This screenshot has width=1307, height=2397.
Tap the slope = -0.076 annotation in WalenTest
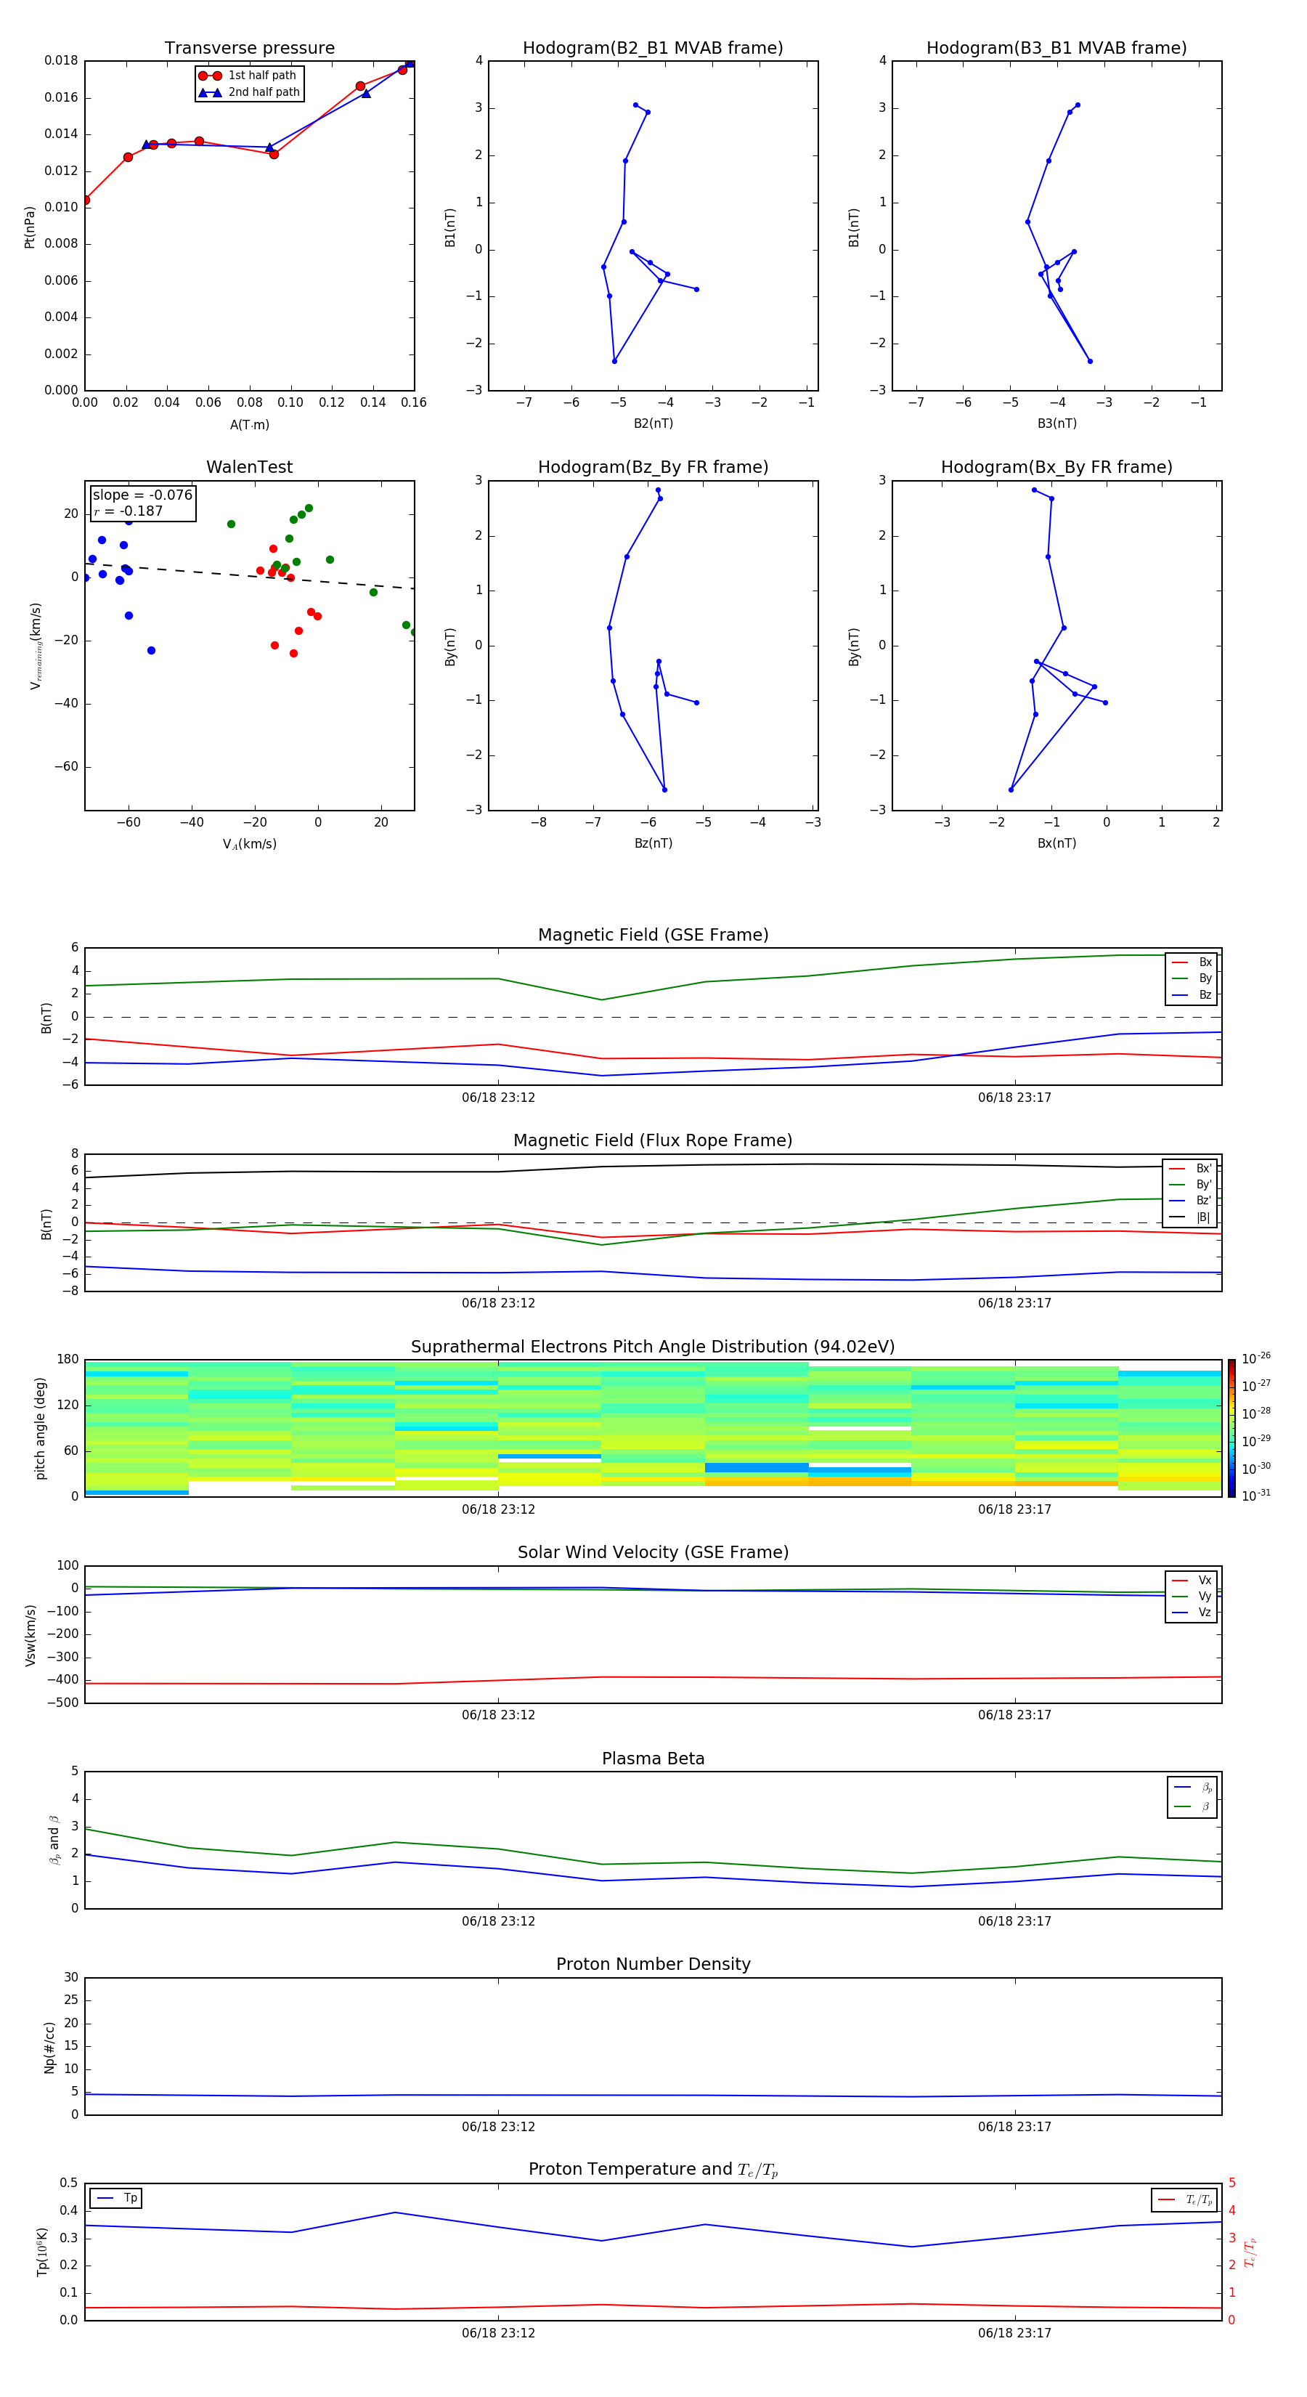click(142, 495)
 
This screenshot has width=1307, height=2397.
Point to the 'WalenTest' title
click(249, 467)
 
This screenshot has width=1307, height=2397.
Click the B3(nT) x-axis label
click(1056, 423)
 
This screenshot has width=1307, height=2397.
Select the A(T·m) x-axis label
click(249, 425)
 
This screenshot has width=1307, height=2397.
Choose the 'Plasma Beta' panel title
click(652, 1759)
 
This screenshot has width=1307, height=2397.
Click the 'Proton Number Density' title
click(652, 1964)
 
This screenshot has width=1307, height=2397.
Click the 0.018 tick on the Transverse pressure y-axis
click(62, 60)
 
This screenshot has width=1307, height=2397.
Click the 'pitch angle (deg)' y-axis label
click(40, 1428)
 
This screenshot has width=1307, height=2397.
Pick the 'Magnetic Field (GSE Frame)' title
click(652, 935)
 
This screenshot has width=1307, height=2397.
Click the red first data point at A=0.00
click(86, 200)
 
